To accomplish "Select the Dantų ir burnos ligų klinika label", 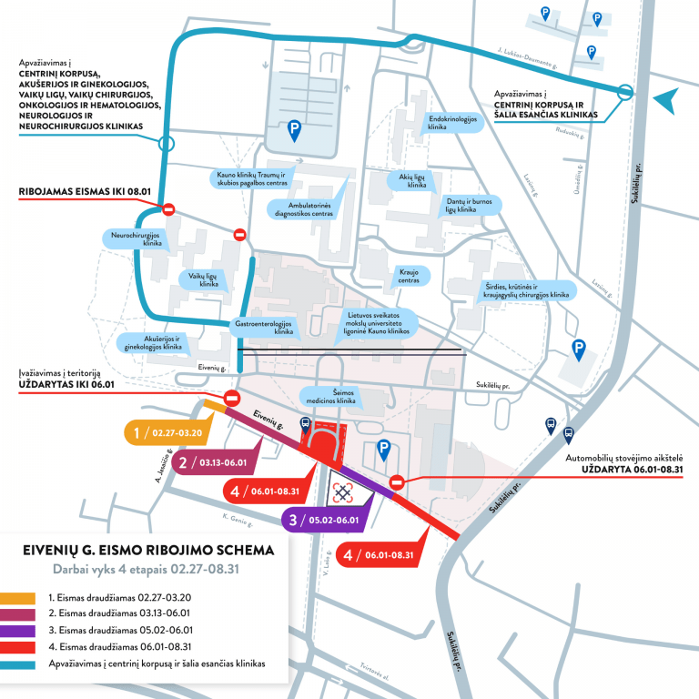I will pyautogui.click(x=461, y=206).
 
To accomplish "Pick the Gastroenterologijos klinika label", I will pyautogui.click(x=268, y=328).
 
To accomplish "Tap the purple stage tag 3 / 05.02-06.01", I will pyautogui.click(x=324, y=521).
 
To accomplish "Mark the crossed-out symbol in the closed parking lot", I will pyautogui.click(x=342, y=492).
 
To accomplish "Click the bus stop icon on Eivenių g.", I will pyautogui.click(x=304, y=423).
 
